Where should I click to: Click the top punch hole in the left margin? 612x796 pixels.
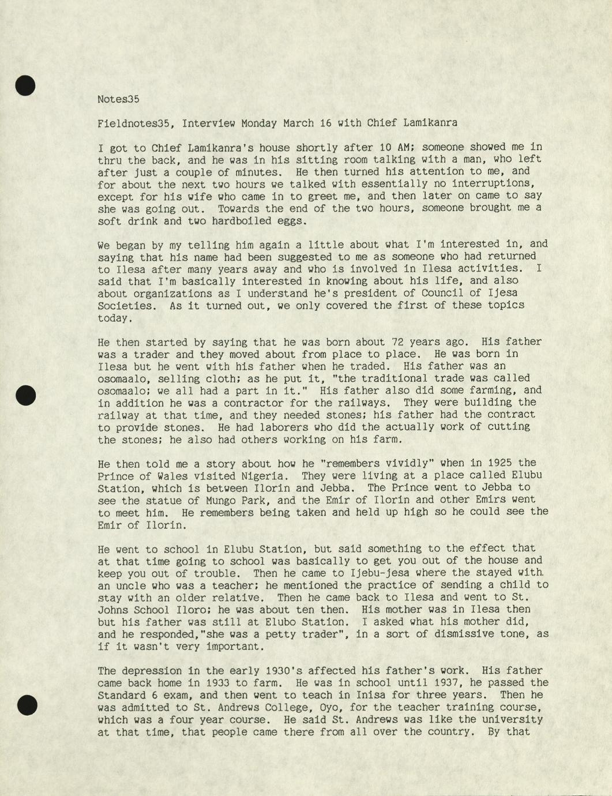coord(25,85)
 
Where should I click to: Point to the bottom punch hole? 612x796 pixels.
coord(27,705)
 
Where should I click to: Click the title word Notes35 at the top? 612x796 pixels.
coord(118,99)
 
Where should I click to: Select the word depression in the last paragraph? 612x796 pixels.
coord(152,671)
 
